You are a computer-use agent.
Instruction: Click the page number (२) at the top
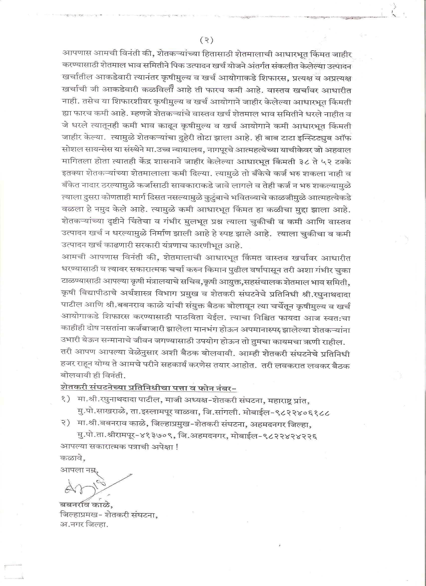[x=207, y=40]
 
